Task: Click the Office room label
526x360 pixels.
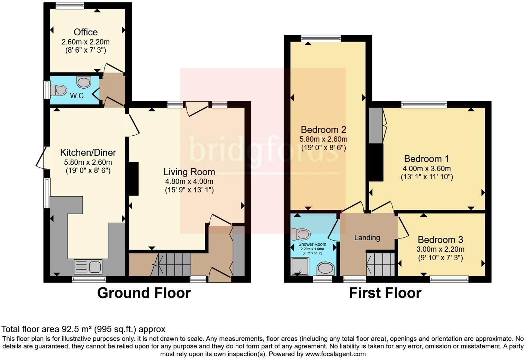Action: (85, 32)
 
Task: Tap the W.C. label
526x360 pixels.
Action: (78, 96)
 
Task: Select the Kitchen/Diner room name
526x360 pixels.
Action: (88, 152)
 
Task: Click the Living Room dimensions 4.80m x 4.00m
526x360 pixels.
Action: (189, 181)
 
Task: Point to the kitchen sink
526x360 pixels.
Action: (88, 267)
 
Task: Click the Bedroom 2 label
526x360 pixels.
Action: (323, 130)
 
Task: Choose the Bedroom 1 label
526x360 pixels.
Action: (426, 159)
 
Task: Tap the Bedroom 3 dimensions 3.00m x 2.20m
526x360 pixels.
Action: (440, 249)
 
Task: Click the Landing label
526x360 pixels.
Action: (367, 238)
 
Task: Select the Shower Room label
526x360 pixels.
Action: (312, 244)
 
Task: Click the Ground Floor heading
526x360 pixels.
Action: (144, 293)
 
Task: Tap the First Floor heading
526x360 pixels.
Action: (385, 293)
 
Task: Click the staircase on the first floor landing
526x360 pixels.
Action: (381, 264)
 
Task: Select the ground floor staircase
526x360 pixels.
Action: (171, 264)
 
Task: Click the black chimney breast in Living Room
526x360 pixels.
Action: (134, 179)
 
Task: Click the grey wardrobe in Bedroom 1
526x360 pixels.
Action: (375, 125)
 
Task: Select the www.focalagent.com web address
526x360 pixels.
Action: (335, 354)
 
